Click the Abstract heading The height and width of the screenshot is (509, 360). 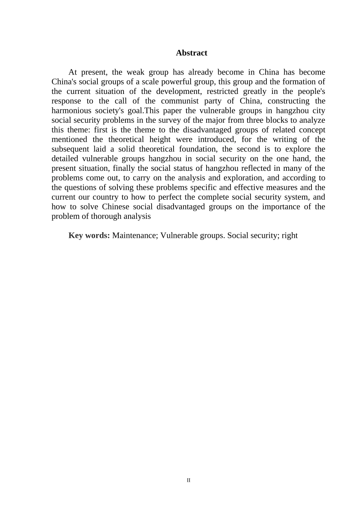(191, 53)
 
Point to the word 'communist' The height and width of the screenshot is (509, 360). (180, 101)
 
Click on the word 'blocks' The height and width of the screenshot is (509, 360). (286, 120)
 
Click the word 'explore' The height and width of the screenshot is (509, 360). (296, 149)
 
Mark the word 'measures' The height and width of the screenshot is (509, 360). (281, 187)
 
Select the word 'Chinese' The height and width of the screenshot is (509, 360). (115, 207)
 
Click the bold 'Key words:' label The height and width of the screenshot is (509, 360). (89, 236)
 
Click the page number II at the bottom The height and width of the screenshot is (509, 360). (189, 481)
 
